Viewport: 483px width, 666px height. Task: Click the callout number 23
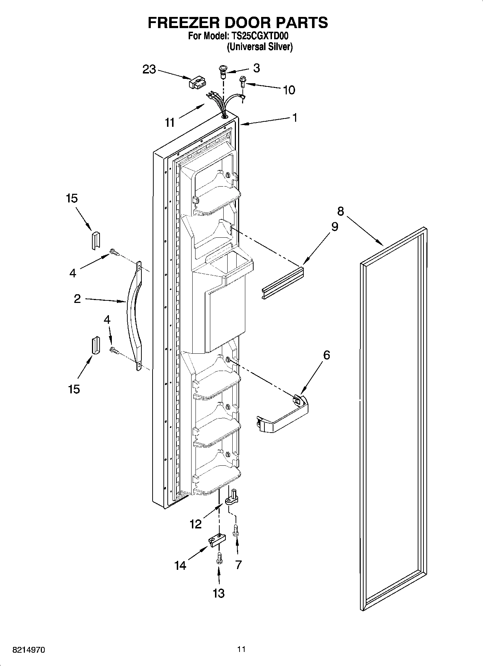point(149,69)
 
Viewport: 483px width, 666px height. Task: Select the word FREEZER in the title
point(181,22)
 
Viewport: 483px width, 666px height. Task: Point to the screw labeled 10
point(243,82)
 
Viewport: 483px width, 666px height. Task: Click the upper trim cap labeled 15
point(96,239)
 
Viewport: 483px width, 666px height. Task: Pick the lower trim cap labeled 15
point(95,346)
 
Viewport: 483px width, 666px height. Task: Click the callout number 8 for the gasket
point(341,211)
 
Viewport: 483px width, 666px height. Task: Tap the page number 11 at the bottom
point(241,649)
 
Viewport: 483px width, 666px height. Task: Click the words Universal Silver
point(259,47)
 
